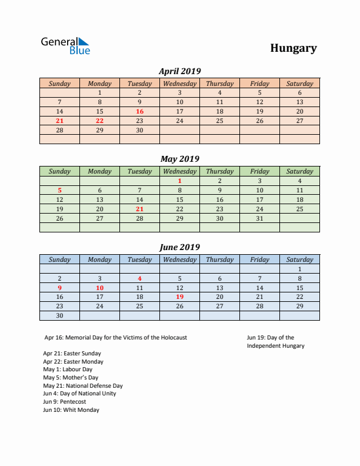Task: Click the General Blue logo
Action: (65, 46)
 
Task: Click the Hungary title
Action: (294, 48)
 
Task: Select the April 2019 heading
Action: (180, 71)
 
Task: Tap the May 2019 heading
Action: (180, 159)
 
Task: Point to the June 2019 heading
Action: (180, 247)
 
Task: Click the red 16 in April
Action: (139, 111)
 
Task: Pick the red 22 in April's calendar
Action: (99, 121)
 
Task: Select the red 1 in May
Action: (179, 181)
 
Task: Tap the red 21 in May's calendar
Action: (139, 209)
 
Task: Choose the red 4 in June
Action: (139, 278)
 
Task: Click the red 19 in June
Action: (179, 297)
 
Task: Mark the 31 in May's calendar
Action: (259, 218)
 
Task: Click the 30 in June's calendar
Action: (59, 315)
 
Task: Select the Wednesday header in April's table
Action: (179, 84)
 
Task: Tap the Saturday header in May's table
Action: (299, 171)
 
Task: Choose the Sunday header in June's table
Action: (59, 259)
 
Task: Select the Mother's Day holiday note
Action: (71, 378)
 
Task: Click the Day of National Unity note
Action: (79, 394)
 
